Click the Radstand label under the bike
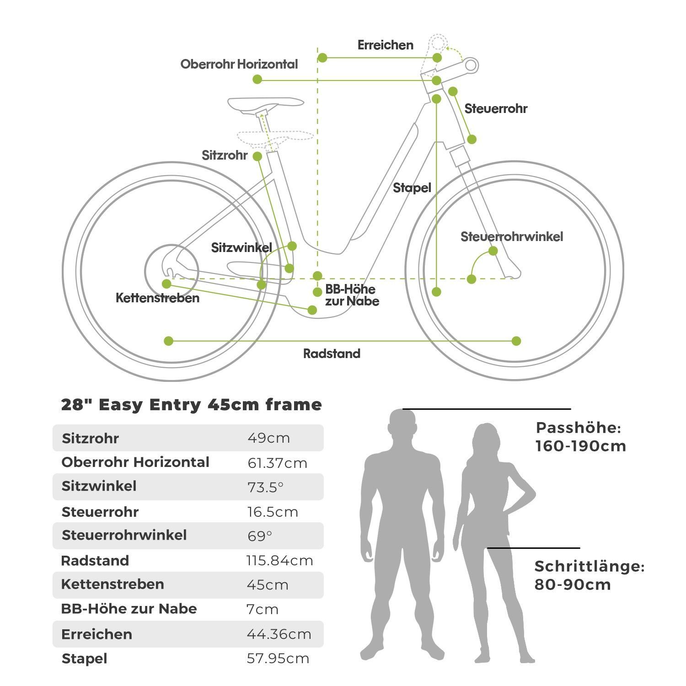coord(332,354)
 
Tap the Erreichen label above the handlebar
coord(385,45)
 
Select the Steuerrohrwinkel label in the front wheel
coord(511,237)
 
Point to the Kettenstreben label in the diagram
coord(157,298)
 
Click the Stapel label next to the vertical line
coord(412,188)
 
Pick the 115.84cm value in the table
coord(279,561)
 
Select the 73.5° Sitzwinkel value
coord(265,487)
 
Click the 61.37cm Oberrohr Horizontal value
coord(277,463)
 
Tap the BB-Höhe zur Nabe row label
coord(129,609)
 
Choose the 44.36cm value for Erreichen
coord(279,634)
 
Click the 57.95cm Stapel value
coord(278,659)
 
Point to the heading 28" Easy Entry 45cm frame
coord(191,405)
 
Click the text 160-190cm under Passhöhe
coord(580,446)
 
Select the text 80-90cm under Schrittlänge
coord(573,584)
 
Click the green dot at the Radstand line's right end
coord(516,341)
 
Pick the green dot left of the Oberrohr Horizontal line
coord(257,80)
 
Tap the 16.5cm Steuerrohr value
coord(273,512)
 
